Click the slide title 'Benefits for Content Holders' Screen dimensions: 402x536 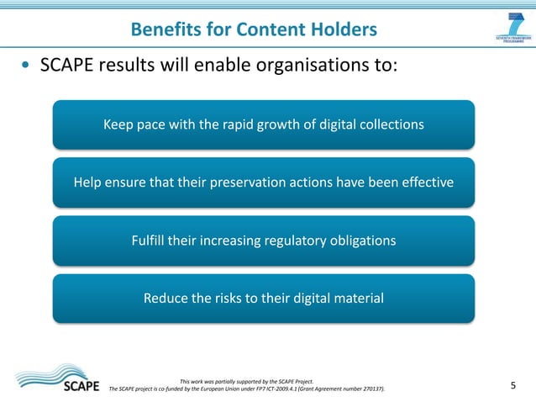click(254, 30)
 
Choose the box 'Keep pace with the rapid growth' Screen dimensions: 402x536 click(263, 124)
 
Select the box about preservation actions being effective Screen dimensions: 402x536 click(263, 182)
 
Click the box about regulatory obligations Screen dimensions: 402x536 click(263, 241)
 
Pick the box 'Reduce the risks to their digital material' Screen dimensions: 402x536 click(263, 299)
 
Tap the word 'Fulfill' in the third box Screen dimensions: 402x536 click(148, 241)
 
